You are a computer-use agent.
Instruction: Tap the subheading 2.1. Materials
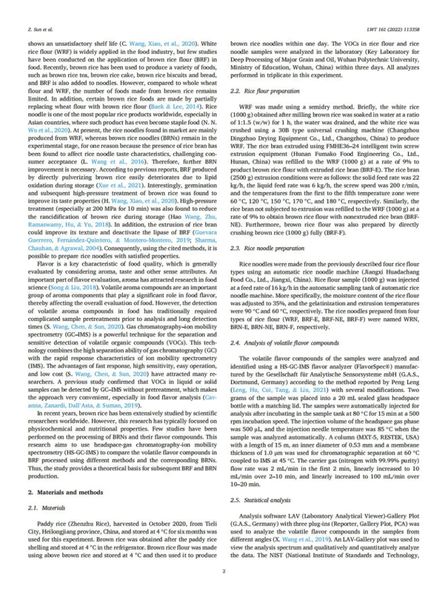pos(46,507)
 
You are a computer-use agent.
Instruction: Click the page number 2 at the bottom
pos(224,571)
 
